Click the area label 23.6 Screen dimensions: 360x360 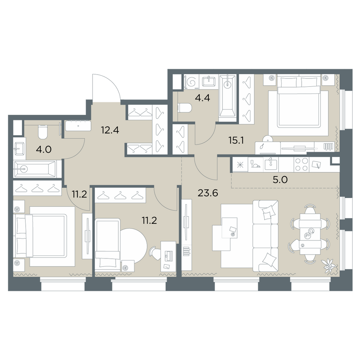pos(208,193)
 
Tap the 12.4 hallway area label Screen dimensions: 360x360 pos(110,130)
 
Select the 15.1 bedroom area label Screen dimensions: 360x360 pos(236,140)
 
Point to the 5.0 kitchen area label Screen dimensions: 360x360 pos(280,180)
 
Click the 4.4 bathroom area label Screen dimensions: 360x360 pos(202,98)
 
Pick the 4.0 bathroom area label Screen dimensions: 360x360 pos(44,149)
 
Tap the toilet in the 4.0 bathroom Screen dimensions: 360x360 pos(42,132)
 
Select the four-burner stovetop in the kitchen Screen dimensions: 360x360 pos(301,165)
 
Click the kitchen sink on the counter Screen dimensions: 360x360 pos(271,164)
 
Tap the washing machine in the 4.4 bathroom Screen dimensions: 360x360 pos(192,82)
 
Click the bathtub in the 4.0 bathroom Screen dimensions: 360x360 pos(35,169)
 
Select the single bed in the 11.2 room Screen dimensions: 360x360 pos(107,245)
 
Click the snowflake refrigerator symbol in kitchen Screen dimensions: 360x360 pos(240,165)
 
